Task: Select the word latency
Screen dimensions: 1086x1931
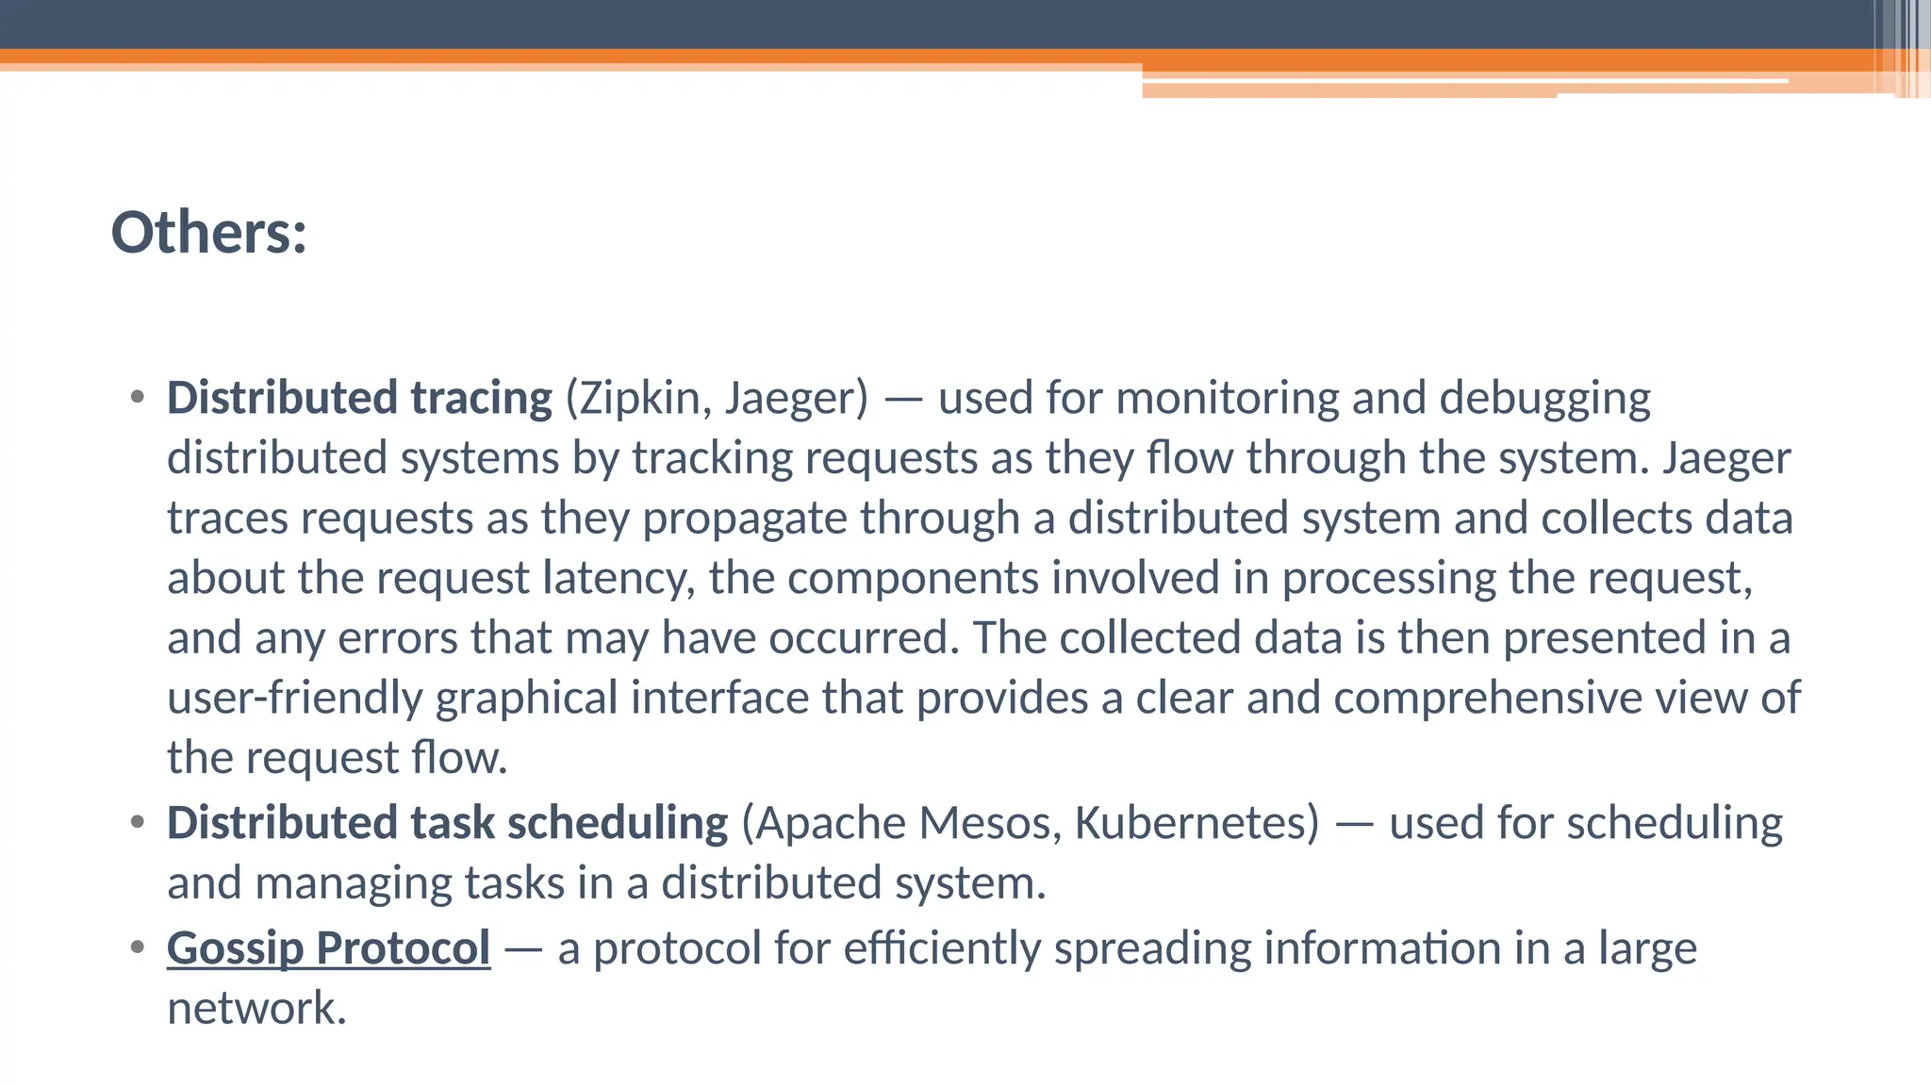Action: click(619, 579)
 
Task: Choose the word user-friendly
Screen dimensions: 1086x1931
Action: click(294, 699)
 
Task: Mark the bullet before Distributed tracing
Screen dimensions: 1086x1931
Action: click(138, 397)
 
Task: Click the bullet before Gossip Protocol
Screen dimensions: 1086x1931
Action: click(138, 946)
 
